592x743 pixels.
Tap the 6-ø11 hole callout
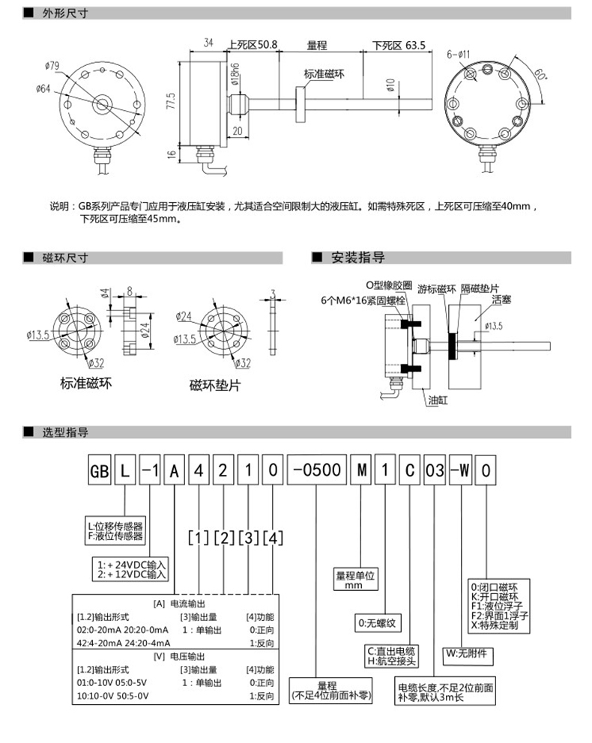459,54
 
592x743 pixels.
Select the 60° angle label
541,73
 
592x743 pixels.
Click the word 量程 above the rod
317,45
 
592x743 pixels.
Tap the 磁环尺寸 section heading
67,258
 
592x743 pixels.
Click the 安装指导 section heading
358,258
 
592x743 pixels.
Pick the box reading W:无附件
465,652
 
